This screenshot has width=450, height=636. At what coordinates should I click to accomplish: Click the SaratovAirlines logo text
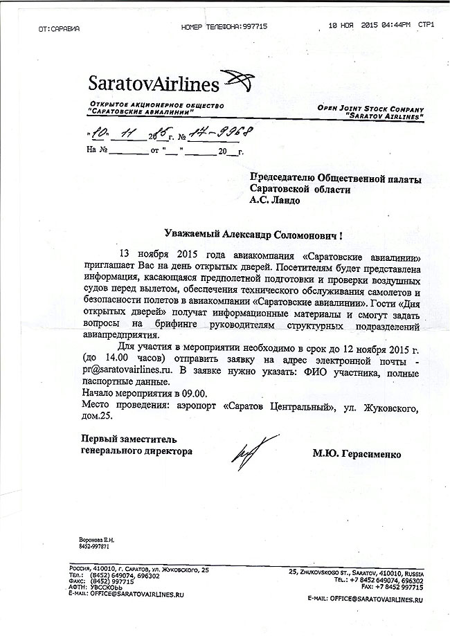coord(153,84)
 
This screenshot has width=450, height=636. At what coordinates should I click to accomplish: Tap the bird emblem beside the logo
coord(242,82)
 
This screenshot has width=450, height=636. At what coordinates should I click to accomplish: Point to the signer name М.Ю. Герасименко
coord(357,454)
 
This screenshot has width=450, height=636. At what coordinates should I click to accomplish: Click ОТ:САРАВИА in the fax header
coord(60,28)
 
